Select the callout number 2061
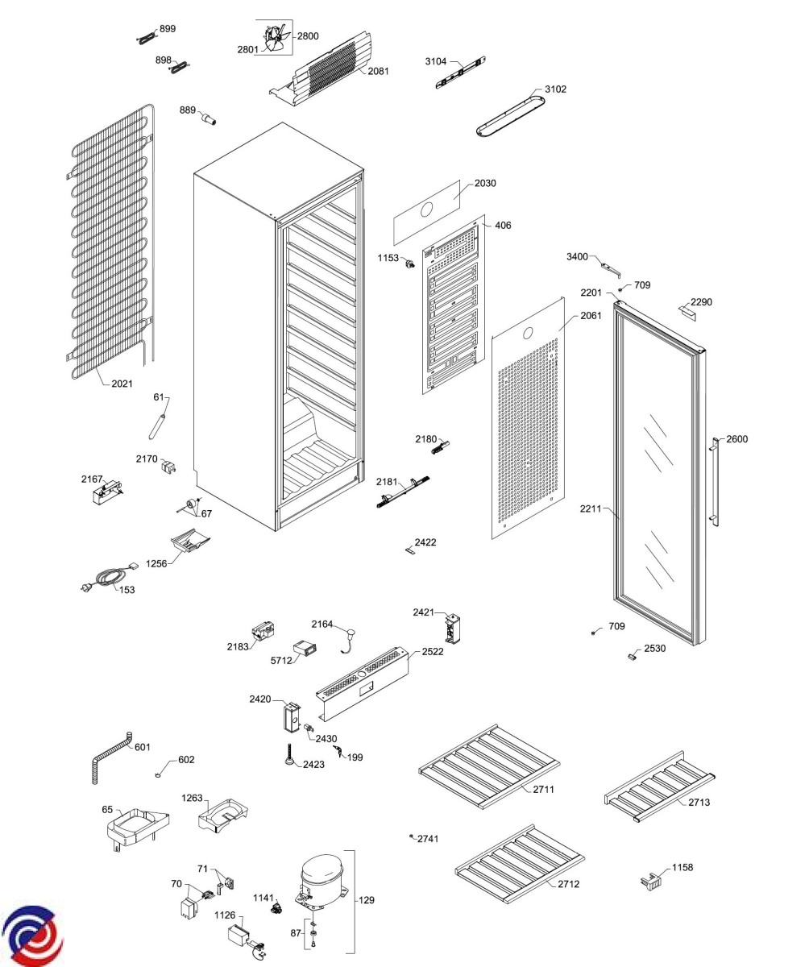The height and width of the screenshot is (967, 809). tap(591, 316)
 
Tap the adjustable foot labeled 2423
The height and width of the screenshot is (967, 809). tap(288, 758)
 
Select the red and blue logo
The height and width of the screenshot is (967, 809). tap(31, 935)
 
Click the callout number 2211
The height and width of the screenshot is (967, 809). tap(591, 509)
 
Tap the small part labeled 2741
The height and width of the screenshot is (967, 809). tap(412, 836)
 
